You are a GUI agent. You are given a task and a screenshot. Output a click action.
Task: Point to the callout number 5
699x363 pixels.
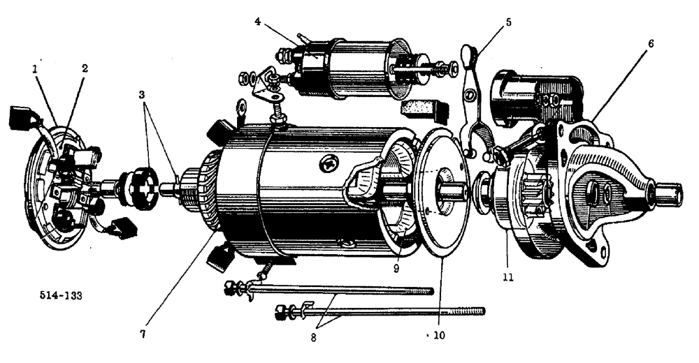point(508,22)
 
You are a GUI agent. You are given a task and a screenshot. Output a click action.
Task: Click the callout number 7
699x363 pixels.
point(143,334)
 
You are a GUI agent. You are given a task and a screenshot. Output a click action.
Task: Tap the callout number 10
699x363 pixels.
point(438,334)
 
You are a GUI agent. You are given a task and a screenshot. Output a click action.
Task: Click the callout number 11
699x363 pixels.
point(508,277)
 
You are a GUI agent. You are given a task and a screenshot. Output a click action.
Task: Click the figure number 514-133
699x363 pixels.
point(60,295)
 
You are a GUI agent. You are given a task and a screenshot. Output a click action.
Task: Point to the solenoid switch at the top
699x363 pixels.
point(349,68)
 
